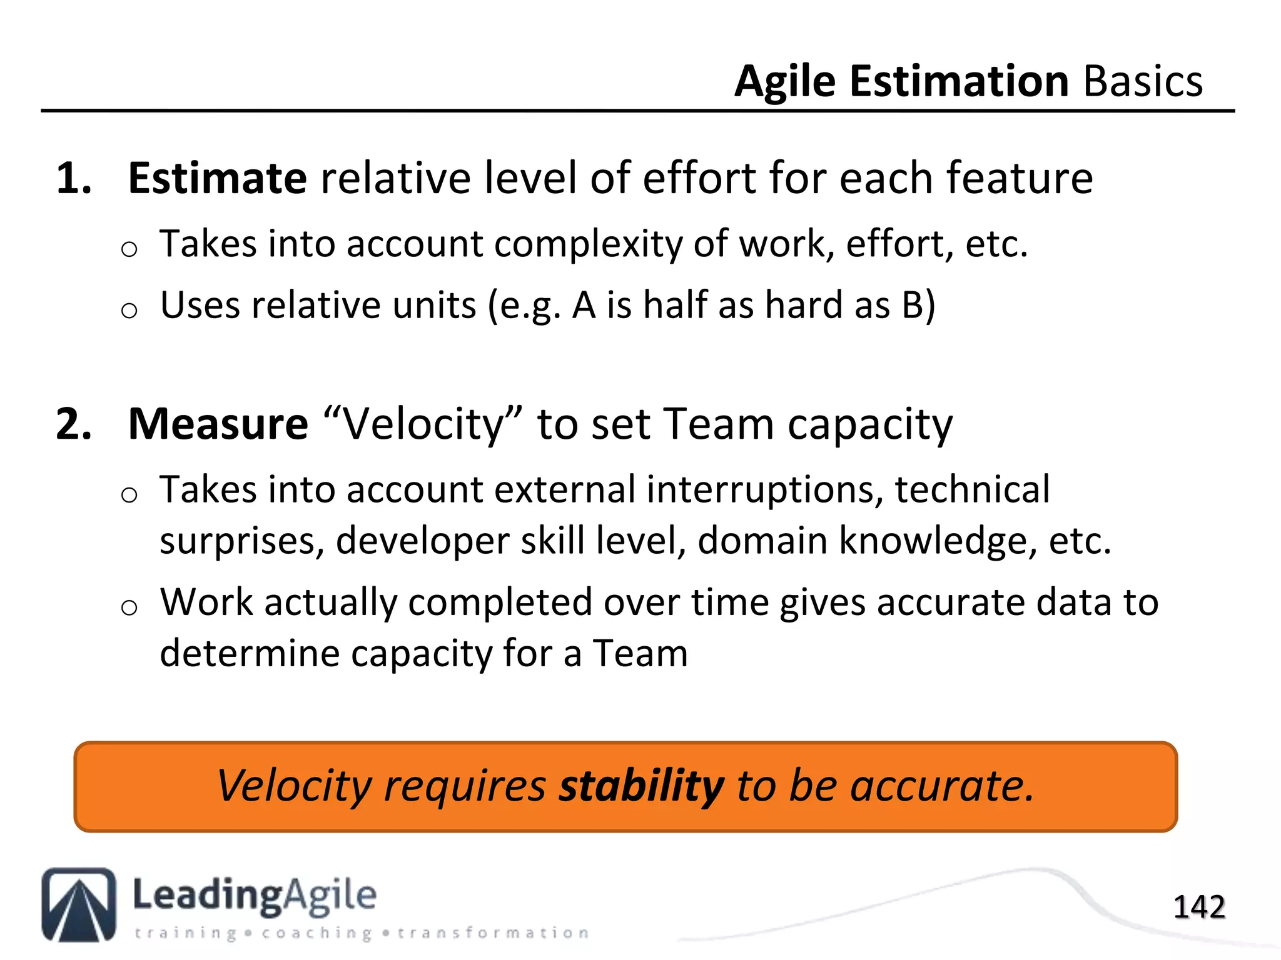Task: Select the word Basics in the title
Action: click(x=1143, y=82)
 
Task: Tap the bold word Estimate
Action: click(x=217, y=179)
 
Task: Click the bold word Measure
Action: click(x=218, y=424)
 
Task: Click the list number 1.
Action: click(x=73, y=179)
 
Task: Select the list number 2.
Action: click(x=73, y=424)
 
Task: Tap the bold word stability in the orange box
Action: click(x=641, y=786)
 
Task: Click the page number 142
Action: click(x=1198, y=907)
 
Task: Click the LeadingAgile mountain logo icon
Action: click(x=79, y=904)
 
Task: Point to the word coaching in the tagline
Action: click(x=317, y=933)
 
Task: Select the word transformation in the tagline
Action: click(x=494, y=933)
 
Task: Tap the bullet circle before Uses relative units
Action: click(x=129, y=310)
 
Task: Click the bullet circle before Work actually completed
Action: click(x=129, y=607)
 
